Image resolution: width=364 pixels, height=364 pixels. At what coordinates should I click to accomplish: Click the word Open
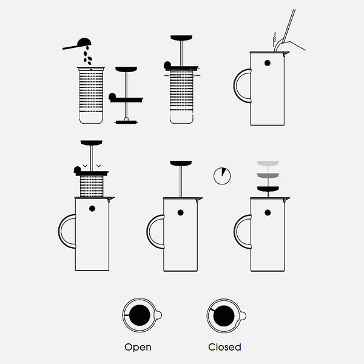138,347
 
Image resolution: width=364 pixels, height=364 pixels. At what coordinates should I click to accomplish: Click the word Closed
224,347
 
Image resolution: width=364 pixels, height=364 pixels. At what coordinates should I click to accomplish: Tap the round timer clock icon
222,176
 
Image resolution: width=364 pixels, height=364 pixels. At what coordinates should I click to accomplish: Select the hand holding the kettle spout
293,45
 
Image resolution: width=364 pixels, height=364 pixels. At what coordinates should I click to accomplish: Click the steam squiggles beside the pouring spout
274,39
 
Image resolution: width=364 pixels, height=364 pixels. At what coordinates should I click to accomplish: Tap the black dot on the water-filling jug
268,63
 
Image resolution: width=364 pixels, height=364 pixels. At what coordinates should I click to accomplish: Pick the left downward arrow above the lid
85,166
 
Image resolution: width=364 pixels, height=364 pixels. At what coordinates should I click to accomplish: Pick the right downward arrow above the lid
99,166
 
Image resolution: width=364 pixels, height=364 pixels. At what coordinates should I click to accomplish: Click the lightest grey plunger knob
268,163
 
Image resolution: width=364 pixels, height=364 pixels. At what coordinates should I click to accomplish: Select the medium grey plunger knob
268,175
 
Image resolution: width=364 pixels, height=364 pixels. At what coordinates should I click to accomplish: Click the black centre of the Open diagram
140,315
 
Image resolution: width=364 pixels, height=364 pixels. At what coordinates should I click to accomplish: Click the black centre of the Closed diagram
224,315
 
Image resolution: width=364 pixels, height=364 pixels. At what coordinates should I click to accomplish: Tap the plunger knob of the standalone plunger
126,69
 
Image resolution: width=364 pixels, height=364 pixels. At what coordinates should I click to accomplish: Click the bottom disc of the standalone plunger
126,122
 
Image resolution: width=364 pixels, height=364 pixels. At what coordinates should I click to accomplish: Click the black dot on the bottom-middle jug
180,212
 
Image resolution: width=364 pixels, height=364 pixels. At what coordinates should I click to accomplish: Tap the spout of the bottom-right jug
287,199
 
